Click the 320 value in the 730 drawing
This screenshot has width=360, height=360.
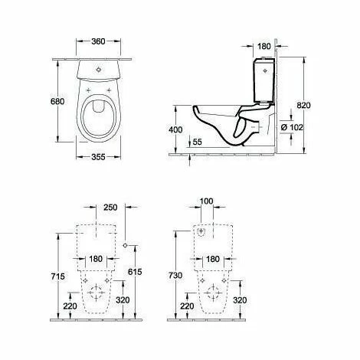point(239,301)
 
